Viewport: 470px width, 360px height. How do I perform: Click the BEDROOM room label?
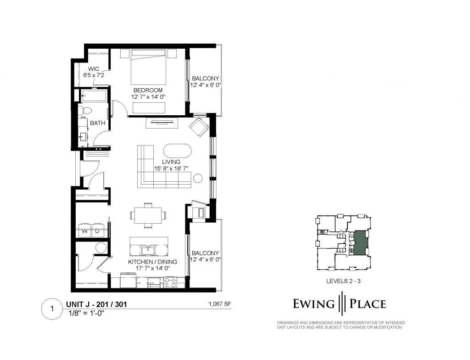point(148,90)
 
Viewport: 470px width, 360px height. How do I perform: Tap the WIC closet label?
point(94,69)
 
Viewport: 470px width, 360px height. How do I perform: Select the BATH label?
point(98,123)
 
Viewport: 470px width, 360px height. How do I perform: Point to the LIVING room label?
point(171,162)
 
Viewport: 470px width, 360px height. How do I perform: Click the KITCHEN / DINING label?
point(152,262)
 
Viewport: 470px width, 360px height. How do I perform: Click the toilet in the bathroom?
point(85,110)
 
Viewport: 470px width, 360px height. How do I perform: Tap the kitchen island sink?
point(148,249)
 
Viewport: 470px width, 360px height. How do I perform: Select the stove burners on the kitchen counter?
point(170,282)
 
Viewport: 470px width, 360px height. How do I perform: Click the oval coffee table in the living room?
point(177,151)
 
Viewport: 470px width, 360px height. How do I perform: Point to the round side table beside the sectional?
point(198,178)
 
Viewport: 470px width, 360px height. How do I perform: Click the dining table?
point(148,215)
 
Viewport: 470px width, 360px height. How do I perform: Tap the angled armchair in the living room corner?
point(199,127)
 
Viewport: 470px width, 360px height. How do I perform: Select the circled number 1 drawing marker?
point(52,309)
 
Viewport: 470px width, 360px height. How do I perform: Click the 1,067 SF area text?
point(220,304)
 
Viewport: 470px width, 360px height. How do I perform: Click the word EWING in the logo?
point(313,304)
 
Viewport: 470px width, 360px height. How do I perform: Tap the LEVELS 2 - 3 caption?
point(343,281)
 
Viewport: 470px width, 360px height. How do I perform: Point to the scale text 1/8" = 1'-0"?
point(86,314)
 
